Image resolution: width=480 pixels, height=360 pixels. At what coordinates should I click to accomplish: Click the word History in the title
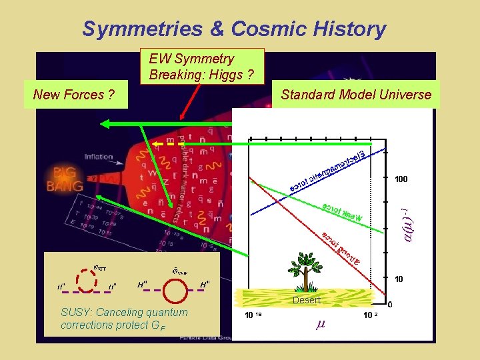346,29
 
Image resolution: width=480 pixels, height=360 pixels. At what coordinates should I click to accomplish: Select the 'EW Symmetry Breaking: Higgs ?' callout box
201,66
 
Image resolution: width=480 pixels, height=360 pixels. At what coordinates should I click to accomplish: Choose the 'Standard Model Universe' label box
356,95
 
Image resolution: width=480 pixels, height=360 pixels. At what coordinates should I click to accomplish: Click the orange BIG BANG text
65,178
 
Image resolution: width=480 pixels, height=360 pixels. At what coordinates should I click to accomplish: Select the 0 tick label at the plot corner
390,305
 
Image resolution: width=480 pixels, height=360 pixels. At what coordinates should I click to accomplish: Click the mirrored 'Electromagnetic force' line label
326,171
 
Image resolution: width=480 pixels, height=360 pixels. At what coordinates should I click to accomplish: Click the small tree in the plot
309,273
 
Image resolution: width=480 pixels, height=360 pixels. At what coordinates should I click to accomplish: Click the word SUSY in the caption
74,313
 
